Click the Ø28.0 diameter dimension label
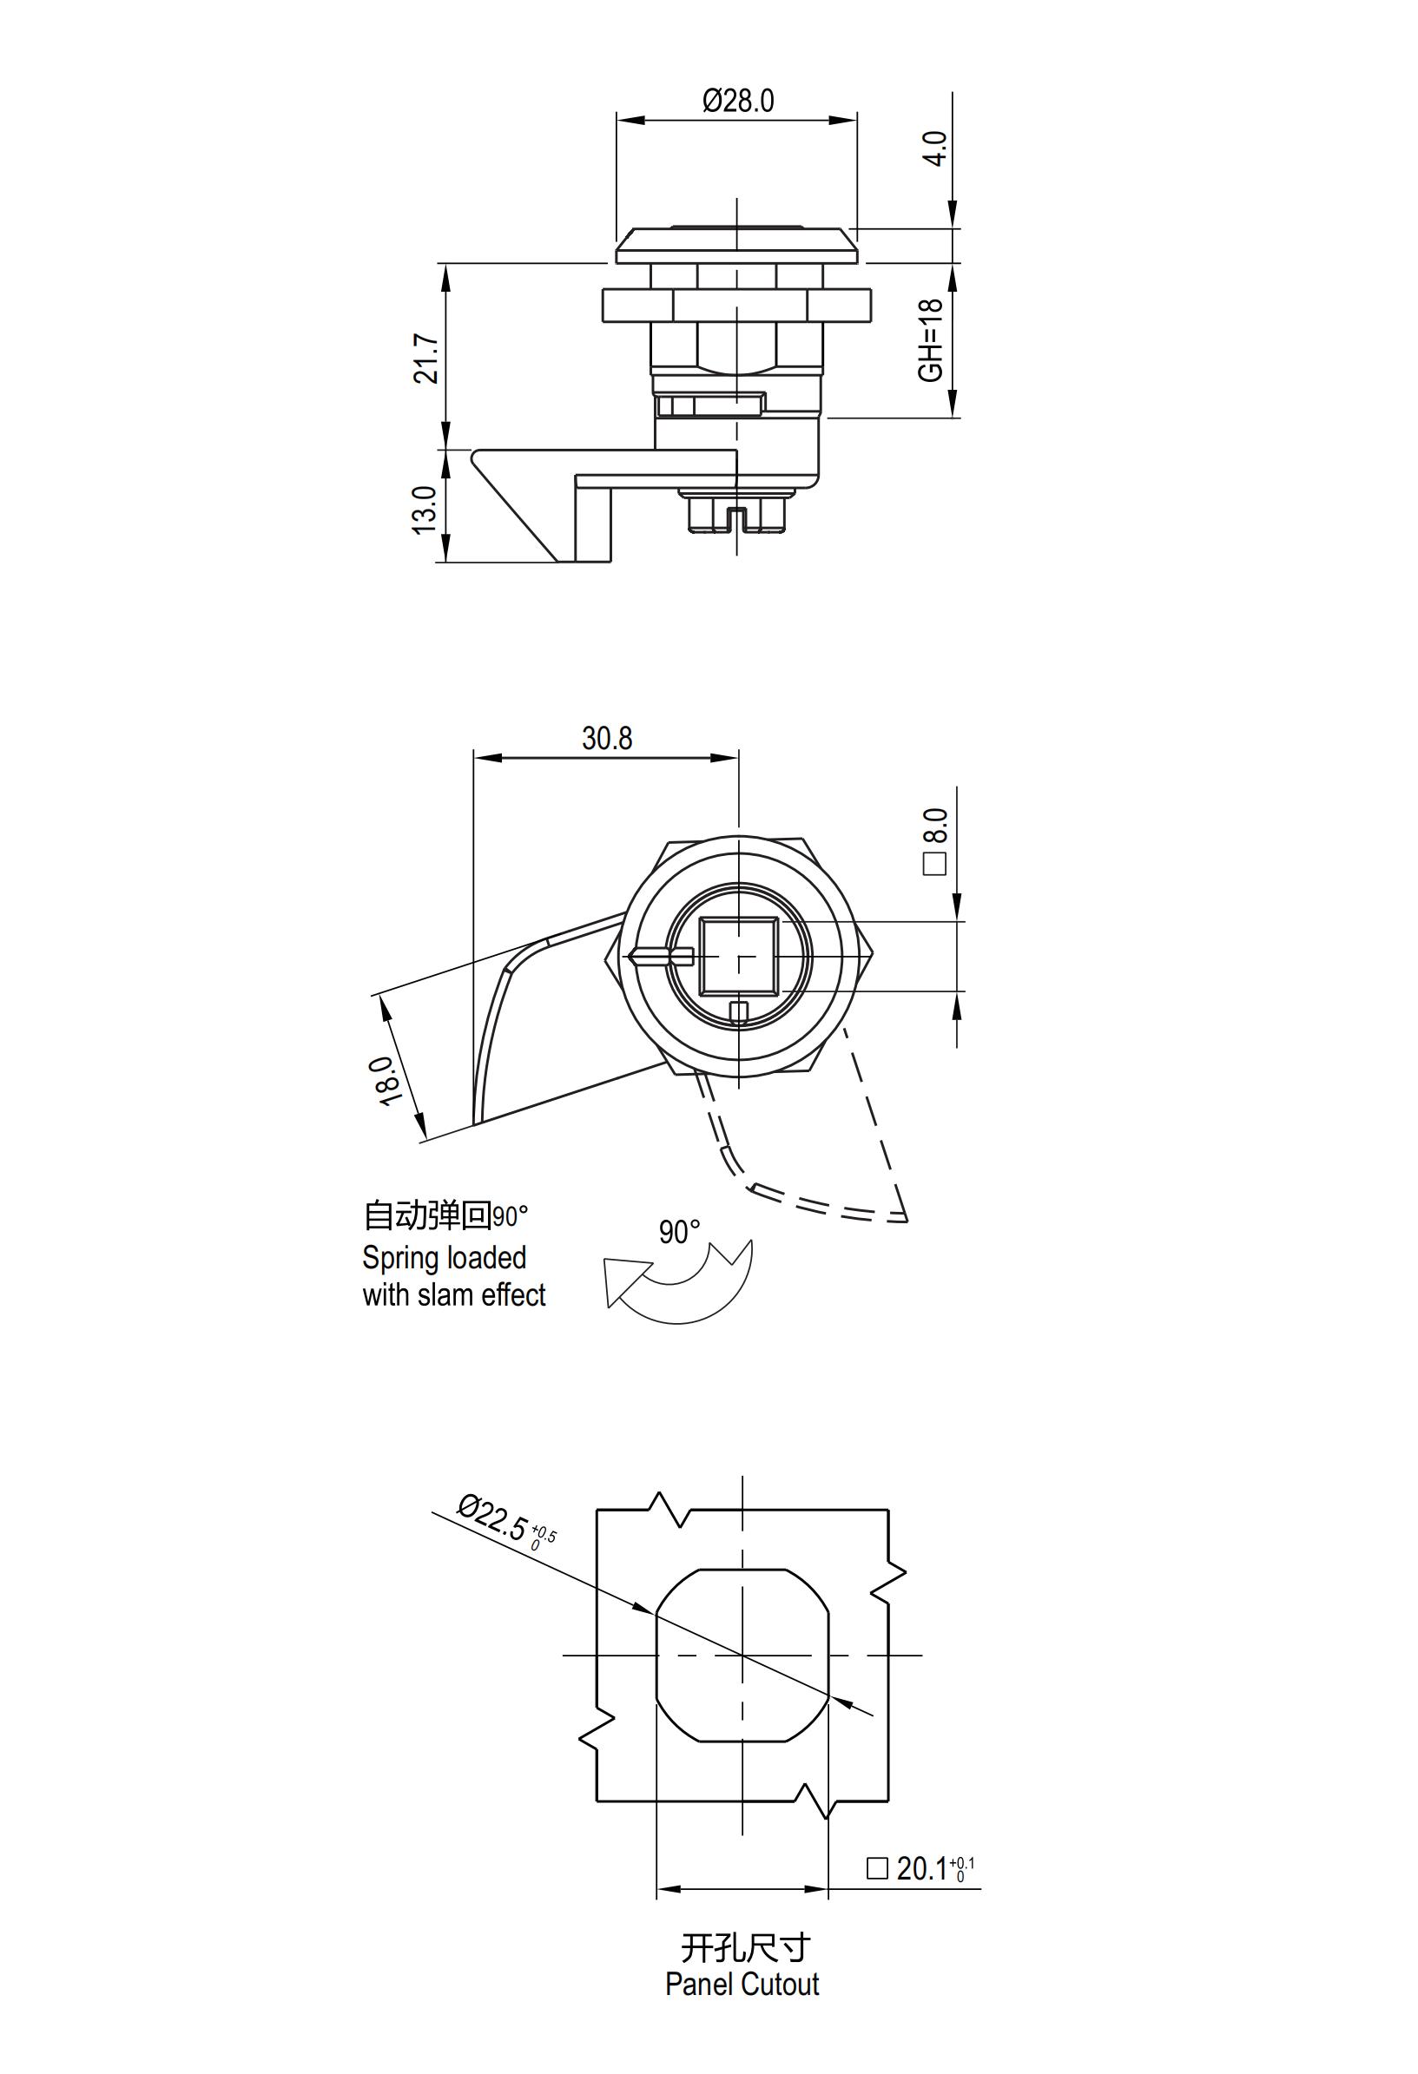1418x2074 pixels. click(x=737, y=101)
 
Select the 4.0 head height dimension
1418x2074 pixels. click(x=933, y=148)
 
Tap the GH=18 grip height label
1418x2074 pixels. click(x=930, y=340)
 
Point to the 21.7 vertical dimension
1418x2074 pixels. click(x=425, y=359)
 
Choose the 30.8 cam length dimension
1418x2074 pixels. click(x=607, y=738)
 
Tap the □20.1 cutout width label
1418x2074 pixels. click(x=920, y=1868)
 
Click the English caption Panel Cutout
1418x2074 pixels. click(x=742, y=1983)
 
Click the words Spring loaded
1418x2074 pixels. click(x=444, y=1257)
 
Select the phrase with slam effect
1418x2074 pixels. click(x=453, y=1295)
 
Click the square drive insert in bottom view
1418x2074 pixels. click(x=739, y=957)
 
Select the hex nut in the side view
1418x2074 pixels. click(x=736, y=306)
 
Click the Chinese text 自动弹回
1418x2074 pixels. click(x=427, y=1215)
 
